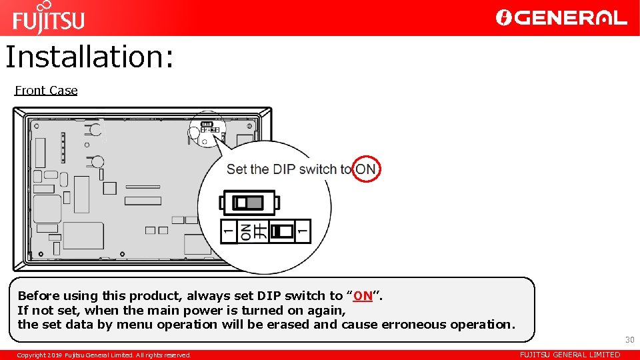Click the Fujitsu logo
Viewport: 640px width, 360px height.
(48, 19)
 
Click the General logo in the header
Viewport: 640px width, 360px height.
(561, 18)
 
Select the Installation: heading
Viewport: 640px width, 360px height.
(89, 57)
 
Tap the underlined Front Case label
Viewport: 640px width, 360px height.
(46, 91)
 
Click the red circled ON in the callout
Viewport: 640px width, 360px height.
(365, 169)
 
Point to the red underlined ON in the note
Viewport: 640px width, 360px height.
(363, 296)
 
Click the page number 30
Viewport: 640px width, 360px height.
(629, 340)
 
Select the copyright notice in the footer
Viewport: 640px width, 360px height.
(104, 355)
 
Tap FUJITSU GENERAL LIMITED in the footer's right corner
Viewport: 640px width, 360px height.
(569, 355)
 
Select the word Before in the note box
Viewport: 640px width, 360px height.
(39, 296)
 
